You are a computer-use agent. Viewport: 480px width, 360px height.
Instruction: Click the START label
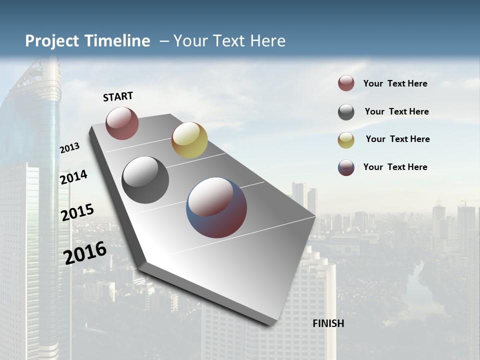pyautogui.click(x=118, y=96)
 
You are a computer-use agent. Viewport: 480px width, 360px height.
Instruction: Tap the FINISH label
pyautogui.click(x=328, y=323)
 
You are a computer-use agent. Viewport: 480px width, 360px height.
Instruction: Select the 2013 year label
pyautogui.click(x=70, y=148)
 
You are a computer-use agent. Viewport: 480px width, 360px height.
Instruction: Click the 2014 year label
pyautogui.click(x=74, y=177)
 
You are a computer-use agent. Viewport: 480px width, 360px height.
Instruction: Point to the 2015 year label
pyautogui.click(x=77, y=212)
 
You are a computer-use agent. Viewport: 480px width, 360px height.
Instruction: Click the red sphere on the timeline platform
pyautogui.click(x=122, y=123)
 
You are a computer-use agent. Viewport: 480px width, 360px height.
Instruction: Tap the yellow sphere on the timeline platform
pyautogui.click(x=189, y=140)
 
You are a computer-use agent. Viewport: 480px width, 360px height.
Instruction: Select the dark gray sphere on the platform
pyautogui.click(x=145, y=180)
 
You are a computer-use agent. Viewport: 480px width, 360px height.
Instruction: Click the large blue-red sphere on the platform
pyautogui.click(x=216, y=207)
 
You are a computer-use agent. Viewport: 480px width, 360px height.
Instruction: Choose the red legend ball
pyautogui.click(x=346, y=83)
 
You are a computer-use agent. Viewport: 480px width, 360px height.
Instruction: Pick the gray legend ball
pyautogui.click(x=346, y=112)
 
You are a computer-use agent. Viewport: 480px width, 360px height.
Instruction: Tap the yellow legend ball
pyautogui.click(x=346, y=140)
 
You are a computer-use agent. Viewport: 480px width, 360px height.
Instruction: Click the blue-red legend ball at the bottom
pyautogui.click(x=346, y=167)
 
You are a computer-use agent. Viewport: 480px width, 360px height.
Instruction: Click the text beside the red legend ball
pyautogui.click(x=395, y=84)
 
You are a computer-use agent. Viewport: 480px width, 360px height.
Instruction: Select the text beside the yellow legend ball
pyautogui.click(x=397, y=139)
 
